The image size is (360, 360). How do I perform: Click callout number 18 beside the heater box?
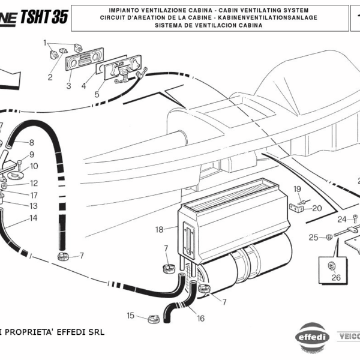pos(159,229)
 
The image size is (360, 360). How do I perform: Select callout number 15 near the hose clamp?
pos(130,315)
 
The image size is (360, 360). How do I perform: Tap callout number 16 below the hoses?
pos(200,319)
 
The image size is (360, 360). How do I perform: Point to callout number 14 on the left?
pos(33,218)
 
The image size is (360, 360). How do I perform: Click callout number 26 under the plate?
pos(335,277)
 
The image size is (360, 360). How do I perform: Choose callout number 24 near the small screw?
pos(341,218)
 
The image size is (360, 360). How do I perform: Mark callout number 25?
pos(313,238)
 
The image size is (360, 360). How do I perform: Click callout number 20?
pos(317,208)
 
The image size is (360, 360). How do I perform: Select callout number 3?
pos(68,86)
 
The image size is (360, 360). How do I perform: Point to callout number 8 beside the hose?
pos(31,143)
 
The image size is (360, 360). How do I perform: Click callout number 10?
pos(34,166)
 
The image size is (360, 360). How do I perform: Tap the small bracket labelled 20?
pos(297,208)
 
